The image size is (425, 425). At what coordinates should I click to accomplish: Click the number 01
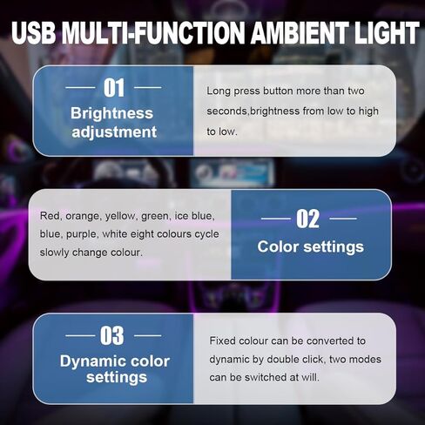pyautogui.click(x=114, y=87)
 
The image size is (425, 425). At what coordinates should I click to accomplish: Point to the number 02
pyautogui.click(x=309, y=219)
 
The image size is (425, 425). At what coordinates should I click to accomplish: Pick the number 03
pyautogui.click(x=113, y=335)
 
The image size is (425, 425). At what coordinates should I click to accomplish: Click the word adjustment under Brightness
pyautogui.click(x=113, y=132)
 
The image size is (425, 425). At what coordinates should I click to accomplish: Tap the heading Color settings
pyautogui.click(x=310, y=246)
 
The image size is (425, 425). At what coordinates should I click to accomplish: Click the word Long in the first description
pyautogui.click(x=220, y=91)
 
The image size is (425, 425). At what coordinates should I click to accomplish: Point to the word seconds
pyautogui.click(x=229, y=111)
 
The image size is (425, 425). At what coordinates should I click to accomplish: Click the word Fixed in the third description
pyautogui.click(x=224, y=341)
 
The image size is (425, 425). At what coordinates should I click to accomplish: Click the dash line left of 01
pyautogui.click(x=82, y=88)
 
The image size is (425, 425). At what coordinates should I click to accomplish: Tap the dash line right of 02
pyautogui.click(x=345, y=219)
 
